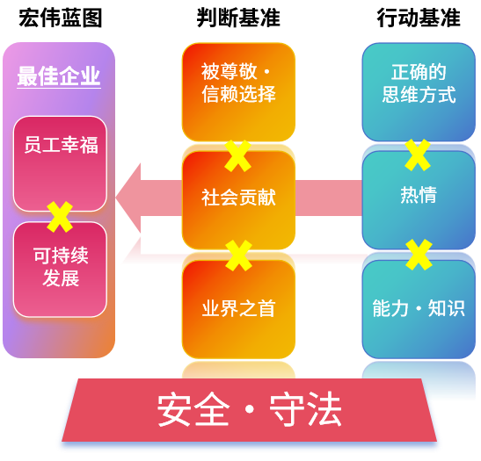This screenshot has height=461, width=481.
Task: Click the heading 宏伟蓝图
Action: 61,18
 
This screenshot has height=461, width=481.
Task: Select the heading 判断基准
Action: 238,18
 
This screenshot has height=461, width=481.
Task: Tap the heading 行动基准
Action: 419,18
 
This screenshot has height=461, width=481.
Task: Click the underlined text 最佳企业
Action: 59,76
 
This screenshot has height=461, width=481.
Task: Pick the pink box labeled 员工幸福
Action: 60,164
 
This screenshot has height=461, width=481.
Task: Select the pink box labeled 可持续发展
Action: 60,270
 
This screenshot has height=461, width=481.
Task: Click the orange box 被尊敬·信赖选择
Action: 238,92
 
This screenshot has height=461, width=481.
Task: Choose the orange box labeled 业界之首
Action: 238,309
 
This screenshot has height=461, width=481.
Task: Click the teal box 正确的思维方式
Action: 419,92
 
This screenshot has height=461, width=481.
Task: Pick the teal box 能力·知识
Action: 419,309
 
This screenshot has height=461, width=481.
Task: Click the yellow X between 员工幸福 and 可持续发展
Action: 60,217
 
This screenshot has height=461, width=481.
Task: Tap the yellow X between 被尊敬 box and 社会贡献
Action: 237,156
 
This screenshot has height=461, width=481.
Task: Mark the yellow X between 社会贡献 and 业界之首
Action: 238,256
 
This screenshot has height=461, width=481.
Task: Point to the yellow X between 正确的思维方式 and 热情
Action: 418,155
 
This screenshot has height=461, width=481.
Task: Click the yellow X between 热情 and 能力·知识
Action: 419,255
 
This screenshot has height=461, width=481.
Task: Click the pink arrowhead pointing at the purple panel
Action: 128,198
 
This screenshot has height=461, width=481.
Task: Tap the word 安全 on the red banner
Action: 193,409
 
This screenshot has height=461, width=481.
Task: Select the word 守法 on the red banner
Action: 305,409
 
